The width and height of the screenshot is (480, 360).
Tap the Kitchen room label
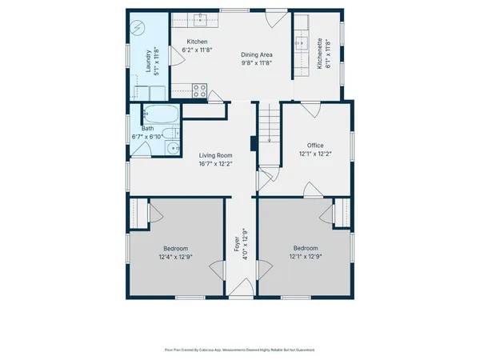point(197,42)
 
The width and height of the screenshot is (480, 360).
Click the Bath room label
point(147,128)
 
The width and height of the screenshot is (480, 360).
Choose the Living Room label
point(215,155)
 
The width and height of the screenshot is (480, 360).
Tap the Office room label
point(315,145)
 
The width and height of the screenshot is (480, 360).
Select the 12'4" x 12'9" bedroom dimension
point(175,256)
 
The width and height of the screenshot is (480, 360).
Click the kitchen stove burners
point(199,90)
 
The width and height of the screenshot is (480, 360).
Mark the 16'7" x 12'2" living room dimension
point(215,164)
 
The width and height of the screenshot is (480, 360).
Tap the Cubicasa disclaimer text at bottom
point(240,350)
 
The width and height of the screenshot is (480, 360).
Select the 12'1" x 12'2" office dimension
point(315,154)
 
